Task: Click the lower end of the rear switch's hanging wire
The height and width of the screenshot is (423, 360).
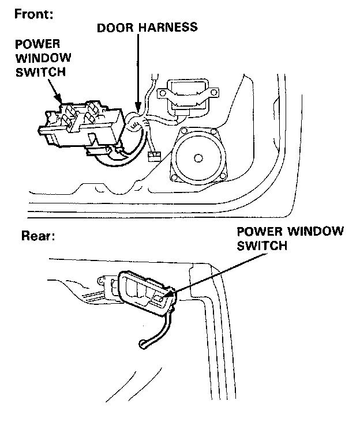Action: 141,345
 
